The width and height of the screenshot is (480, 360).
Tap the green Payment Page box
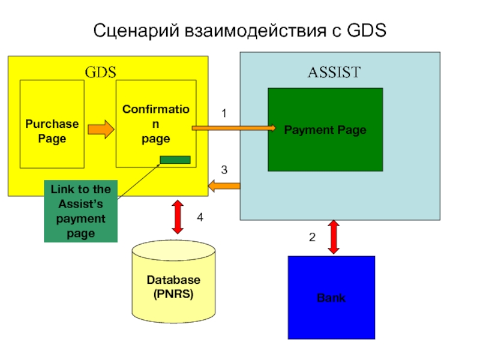[325, 130]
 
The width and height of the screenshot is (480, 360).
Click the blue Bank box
[331, 298]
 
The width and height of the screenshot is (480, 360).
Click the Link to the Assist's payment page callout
[81, 211]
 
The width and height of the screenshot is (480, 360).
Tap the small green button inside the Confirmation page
[175, 160]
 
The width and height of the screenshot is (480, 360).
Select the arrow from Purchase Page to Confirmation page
[100, 129]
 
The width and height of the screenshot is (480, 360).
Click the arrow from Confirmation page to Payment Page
[234, 128]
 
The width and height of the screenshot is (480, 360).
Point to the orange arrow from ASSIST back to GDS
[224, 187]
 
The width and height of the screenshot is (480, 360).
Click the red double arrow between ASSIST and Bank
[332, 237]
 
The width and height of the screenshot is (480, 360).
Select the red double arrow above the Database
[178, 217]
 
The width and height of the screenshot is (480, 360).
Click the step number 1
[224, 113]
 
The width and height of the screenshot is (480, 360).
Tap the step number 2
[312, 238]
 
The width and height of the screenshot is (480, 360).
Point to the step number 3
[224, 170]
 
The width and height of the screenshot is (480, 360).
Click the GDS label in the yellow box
[100, 73]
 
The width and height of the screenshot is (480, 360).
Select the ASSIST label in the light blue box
[334, 73]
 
